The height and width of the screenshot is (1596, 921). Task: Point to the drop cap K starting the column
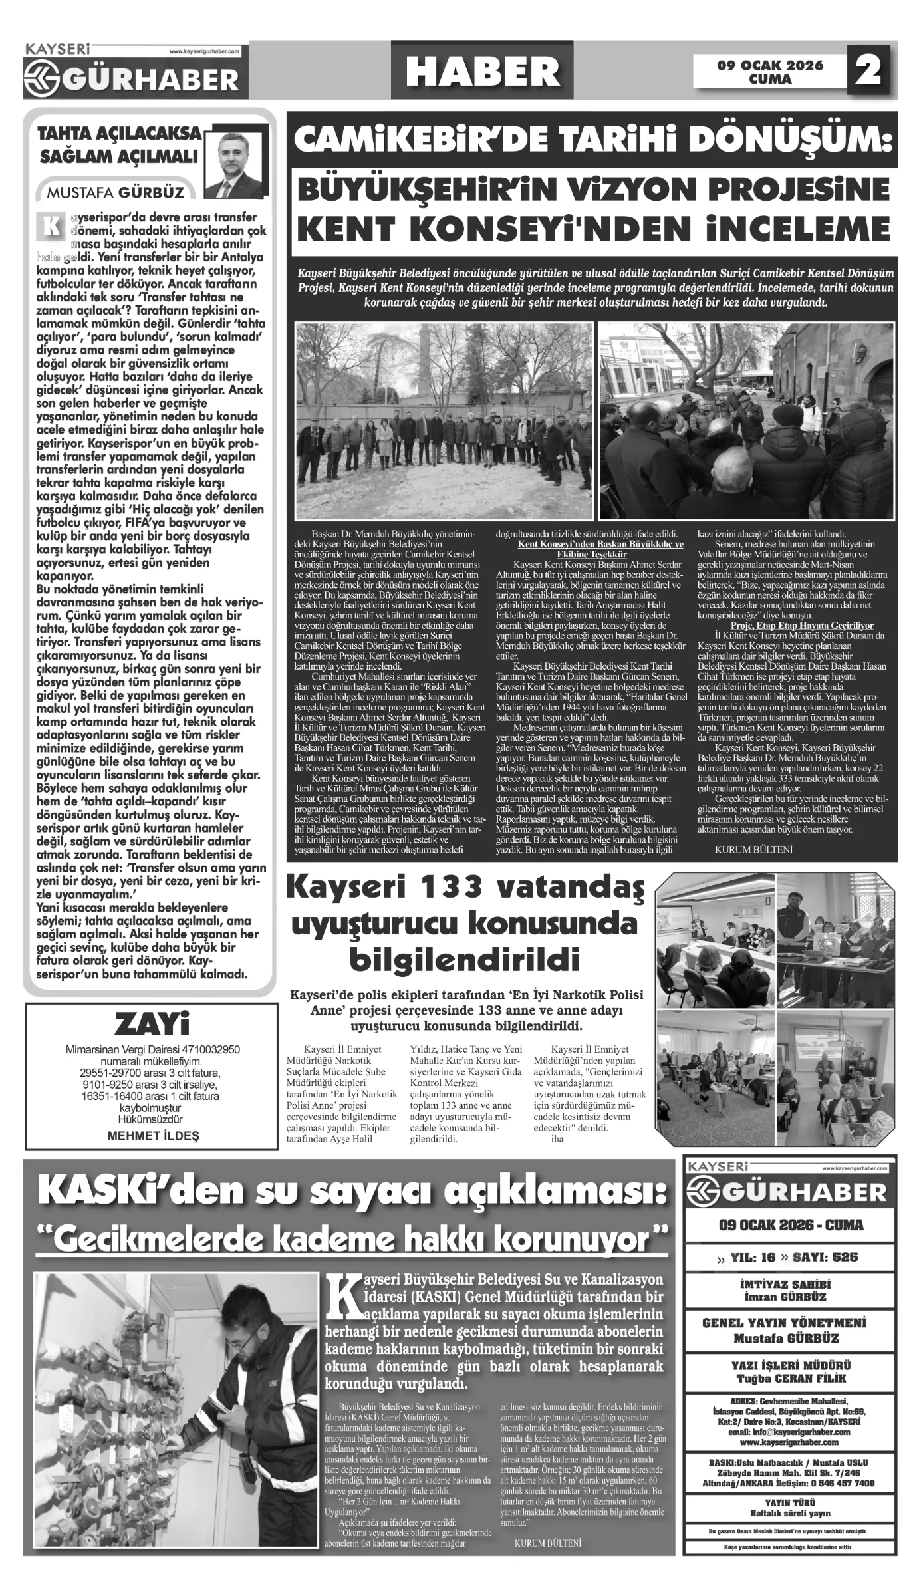51,225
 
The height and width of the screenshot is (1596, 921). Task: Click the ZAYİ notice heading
152,1025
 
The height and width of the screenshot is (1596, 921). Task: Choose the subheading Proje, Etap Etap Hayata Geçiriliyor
801,625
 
